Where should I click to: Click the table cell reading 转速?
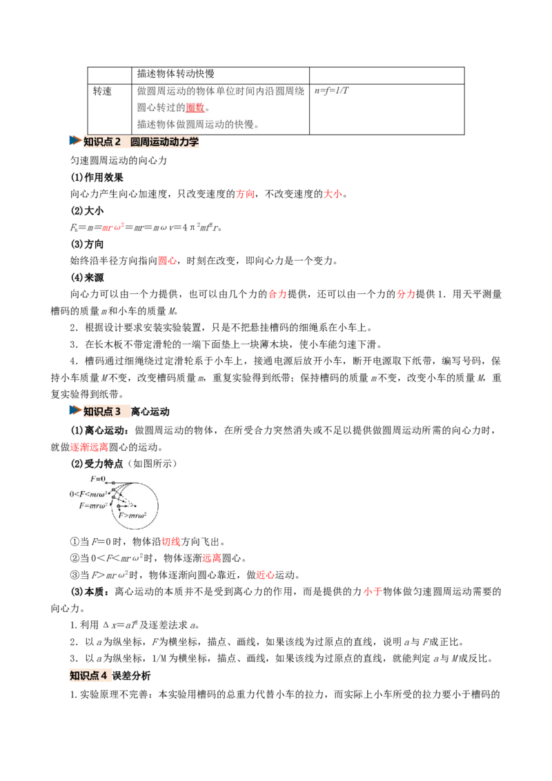tap(103, 91)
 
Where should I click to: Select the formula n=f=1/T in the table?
tap(332, 90)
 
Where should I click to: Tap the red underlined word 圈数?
tap(195, 108)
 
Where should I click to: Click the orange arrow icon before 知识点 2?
tap(75, 141)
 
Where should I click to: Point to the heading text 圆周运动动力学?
tap(164, 142)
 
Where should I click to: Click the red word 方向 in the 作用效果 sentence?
tap(245, 194)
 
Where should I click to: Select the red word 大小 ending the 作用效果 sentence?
tap(333, 194)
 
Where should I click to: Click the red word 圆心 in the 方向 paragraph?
tap(168, 261)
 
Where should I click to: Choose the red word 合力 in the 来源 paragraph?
tap(278, 294)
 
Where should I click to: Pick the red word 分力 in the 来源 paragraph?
tap(406, 294)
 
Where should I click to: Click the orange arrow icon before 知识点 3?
tap(75, 411)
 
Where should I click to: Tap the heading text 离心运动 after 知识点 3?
tap(150, 411)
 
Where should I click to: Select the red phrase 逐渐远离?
tap(89, 447)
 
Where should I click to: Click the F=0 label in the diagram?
tap(98, 479)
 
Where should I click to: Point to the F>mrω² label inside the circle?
tap(132, 515)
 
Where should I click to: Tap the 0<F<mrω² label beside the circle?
tap(88, 494)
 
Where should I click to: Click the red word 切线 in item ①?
tap(171, 542)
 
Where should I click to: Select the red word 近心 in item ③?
tap(266, 575)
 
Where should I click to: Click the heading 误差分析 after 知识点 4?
tap(132, 676)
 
